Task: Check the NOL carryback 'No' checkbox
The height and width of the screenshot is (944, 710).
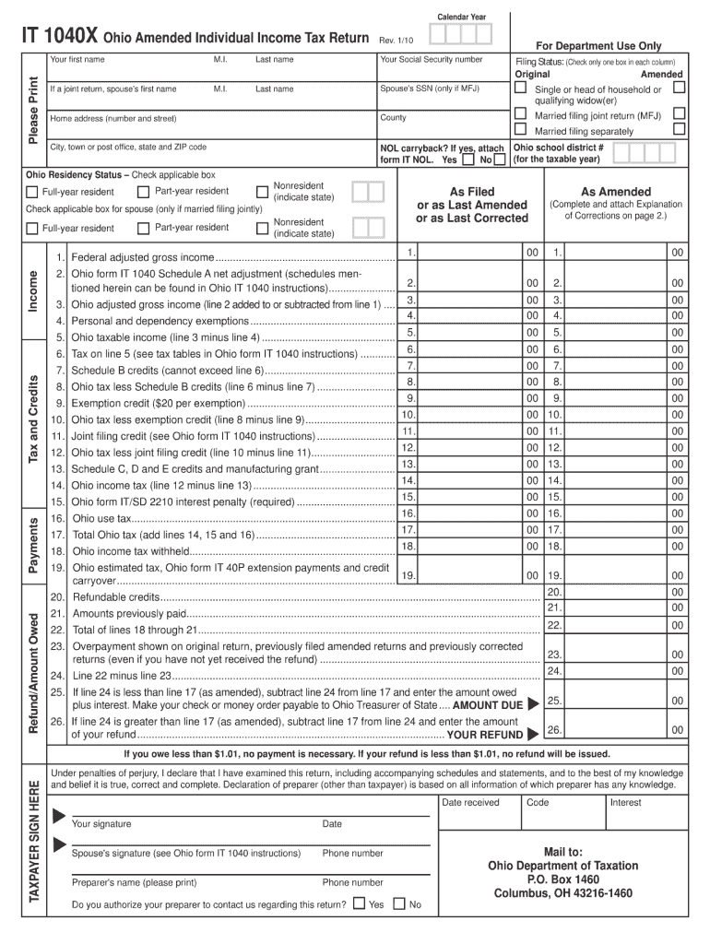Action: [500, 159]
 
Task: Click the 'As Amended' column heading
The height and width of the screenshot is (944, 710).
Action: [615, 192]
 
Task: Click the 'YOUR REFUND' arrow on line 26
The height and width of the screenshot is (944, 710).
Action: [533, 735]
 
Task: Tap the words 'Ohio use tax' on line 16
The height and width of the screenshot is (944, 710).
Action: [101, 518]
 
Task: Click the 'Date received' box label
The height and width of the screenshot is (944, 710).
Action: [470, 802]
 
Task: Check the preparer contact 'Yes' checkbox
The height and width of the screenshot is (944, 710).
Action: [359, 903]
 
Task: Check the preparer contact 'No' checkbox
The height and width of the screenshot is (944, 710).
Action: [399, 903]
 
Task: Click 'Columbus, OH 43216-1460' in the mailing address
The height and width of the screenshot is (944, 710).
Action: [562, 893]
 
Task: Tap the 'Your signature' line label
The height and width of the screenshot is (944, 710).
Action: [101, 824]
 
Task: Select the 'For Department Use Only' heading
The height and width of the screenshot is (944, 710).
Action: [599, 46]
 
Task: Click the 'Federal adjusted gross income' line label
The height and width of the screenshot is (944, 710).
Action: [143, 257]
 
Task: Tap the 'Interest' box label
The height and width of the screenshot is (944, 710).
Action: [625, 802]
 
